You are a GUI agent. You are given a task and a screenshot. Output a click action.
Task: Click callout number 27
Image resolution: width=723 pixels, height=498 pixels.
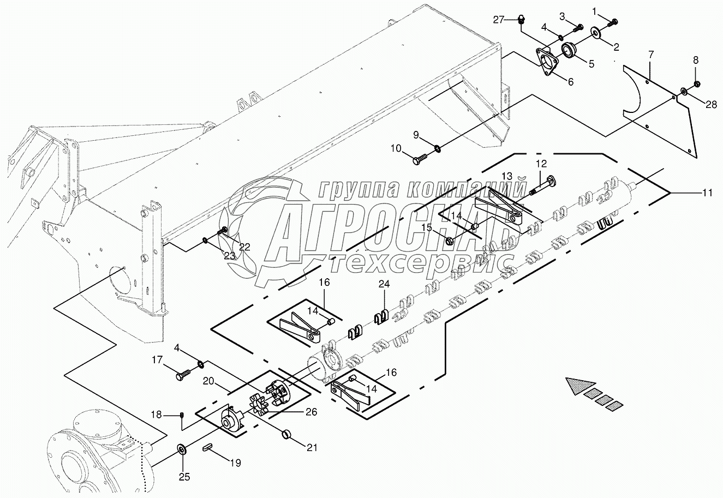[x=499, y=20]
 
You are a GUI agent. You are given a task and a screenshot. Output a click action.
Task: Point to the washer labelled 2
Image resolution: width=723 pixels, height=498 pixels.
[x=596, y=35]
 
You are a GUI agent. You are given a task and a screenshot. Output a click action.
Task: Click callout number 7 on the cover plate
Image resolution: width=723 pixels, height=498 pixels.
[x=650, y=55]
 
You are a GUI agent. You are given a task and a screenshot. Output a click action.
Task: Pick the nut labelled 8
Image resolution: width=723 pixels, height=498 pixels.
[x=697, y=84]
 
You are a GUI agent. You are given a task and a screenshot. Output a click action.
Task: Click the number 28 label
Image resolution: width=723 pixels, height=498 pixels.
[x=711, y=105]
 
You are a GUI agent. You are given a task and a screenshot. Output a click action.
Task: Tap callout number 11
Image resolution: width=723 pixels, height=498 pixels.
[x=707, y=192]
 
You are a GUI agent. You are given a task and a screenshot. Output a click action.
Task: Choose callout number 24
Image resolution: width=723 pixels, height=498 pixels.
[x=385, y=284]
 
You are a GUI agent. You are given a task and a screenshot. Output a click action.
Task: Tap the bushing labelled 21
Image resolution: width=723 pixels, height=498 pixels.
[x=286, y=435]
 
